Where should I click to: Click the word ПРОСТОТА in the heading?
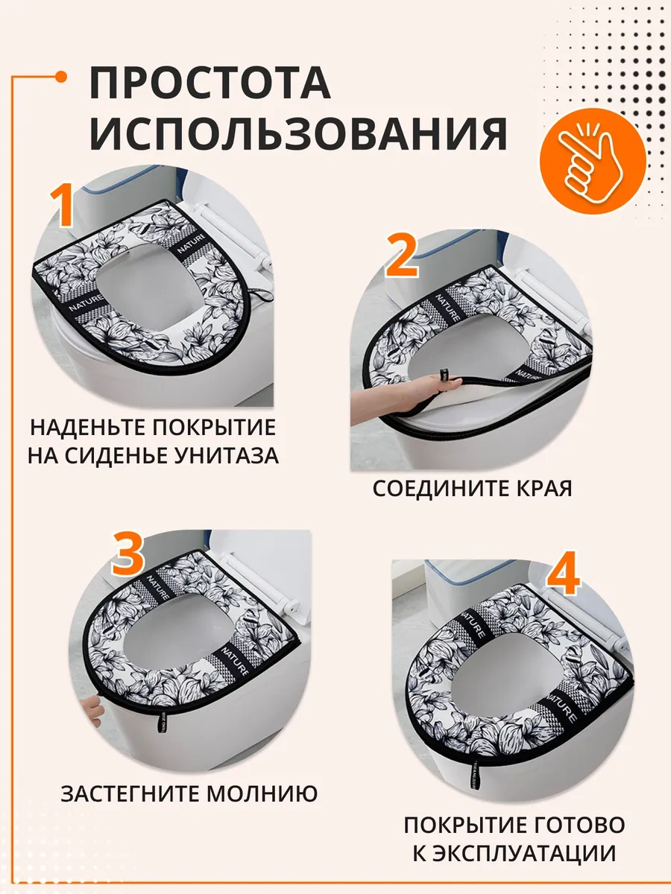210,82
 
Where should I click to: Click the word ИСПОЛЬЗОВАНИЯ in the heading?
298,133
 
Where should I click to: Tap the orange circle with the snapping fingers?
593,161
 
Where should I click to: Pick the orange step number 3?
127,554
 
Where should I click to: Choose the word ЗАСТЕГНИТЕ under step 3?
129,793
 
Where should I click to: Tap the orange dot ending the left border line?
61,77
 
